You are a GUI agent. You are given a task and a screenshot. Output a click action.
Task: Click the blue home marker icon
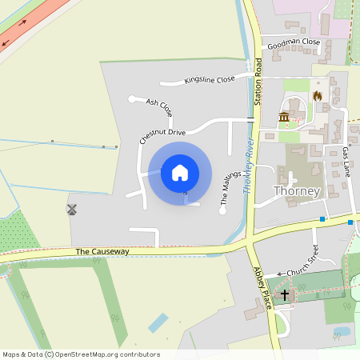click(x=180, y=172)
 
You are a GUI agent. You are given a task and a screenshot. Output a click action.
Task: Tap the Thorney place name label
click(x=297, y=191)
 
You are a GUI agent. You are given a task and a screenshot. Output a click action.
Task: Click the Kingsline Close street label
click(x=210, y=79)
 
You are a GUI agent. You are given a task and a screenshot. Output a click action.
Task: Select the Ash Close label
click(x=159, y=103)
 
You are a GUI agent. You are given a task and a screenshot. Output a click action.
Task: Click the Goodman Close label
click(x=294, y=42)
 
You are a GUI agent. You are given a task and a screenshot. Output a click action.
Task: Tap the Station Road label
click(x=258, y=82)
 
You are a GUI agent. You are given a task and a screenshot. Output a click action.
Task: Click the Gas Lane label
click(x=346, y=161)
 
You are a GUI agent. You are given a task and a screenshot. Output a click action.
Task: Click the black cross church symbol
click(x=285, y=296)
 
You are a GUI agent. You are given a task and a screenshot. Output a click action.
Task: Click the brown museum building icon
click(x=284, y=118)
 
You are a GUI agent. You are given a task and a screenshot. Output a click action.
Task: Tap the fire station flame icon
click(x=317, y=96)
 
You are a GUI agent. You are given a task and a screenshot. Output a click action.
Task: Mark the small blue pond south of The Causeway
click(x=158, y=323)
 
